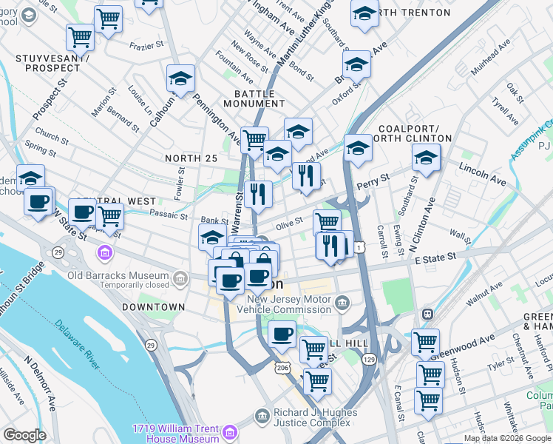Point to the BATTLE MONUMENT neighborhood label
(255, 99)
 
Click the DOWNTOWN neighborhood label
(154, 306)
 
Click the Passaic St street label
(169, 215)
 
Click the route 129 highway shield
(369, 359)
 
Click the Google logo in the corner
(24, 435)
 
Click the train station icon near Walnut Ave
(427, 313)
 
